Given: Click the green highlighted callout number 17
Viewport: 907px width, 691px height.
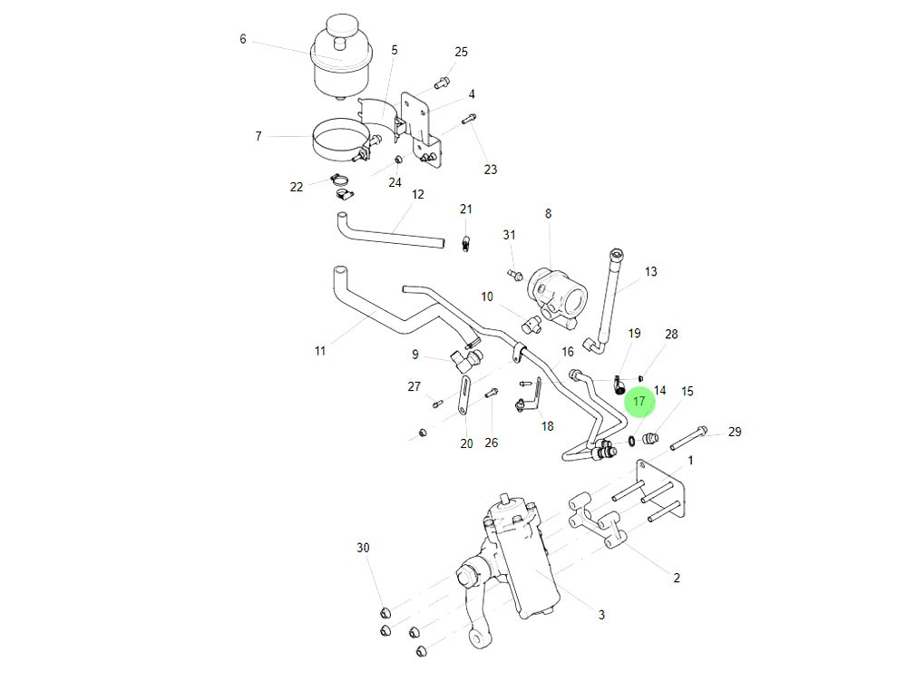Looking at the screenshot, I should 639,401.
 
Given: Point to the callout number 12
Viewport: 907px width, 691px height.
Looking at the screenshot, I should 418,195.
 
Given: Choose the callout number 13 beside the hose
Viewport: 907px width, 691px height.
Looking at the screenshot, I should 651,271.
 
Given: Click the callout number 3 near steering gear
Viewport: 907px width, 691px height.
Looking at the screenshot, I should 601,615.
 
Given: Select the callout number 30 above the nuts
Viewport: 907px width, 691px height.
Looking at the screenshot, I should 363,548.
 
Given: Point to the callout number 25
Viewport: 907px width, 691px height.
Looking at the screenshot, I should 461,52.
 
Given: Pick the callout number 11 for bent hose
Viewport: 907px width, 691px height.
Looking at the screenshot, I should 320,351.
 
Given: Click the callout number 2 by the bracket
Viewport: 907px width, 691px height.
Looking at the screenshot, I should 677,578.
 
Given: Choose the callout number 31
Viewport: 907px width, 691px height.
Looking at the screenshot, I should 509,235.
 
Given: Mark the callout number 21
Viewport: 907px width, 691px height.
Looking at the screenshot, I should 466,209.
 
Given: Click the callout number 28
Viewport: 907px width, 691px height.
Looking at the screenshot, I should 671,335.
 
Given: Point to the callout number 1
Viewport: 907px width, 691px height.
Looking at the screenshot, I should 690,460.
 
